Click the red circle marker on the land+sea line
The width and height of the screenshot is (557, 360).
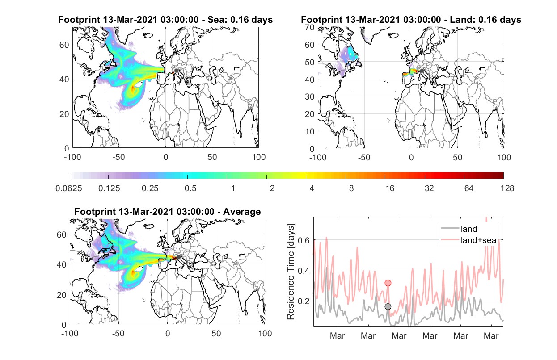point(388,283)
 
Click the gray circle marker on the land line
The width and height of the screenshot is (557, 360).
point(388,306)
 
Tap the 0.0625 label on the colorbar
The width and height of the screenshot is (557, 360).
point(69,188)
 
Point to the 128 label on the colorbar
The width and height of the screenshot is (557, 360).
point(507,188)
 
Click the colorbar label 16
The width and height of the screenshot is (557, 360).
point(390,188)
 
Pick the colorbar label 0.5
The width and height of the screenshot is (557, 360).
point(190,188)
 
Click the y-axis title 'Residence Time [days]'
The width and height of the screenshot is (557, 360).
point(291,272)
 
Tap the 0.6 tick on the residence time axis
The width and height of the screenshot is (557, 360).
point(304,240)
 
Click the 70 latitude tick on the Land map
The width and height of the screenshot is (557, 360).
point(310,28)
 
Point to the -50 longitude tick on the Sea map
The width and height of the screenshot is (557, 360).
point(118,157)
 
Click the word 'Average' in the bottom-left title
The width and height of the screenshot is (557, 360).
point(242,212)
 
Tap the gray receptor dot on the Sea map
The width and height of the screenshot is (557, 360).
point(176,71)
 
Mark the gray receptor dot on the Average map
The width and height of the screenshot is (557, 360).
point(178,257)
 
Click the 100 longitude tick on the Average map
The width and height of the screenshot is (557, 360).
point(265,333)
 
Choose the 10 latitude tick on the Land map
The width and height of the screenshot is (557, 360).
point(310,131)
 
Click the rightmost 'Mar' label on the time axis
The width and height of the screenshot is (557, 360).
point(491,335)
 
